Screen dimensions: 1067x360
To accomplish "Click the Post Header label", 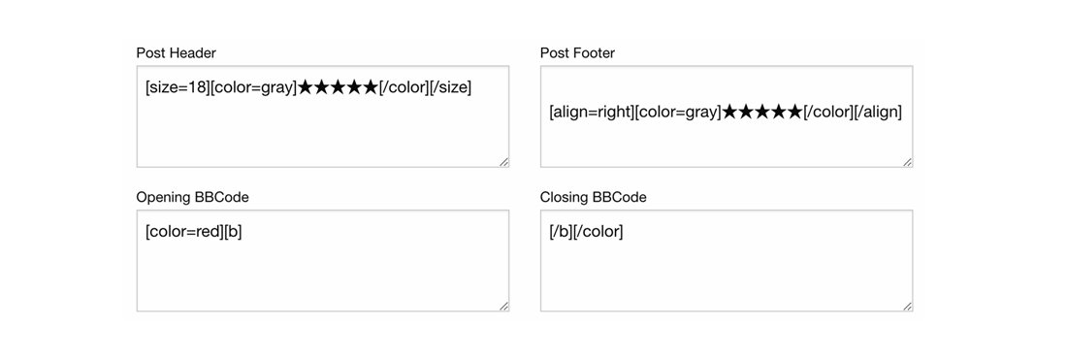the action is point(176,52).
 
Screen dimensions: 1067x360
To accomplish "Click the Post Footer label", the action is point(577,52).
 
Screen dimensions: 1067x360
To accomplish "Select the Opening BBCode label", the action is point(192,197).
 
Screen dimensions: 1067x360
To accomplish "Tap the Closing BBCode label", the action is point(593,197).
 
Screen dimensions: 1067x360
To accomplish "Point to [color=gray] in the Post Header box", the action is point(253,87).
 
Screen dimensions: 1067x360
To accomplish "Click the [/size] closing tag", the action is point(450,87).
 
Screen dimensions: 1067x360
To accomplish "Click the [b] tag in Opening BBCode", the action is point(233,232).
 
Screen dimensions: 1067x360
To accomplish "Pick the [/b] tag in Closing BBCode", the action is point(561,232).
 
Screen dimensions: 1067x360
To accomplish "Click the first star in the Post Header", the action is point(306,87).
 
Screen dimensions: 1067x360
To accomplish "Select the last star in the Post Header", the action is point(370,87).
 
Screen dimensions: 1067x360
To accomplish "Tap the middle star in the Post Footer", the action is point(763,112).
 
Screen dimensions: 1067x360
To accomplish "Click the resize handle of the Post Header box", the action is point(504,162).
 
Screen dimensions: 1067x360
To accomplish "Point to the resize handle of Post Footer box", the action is point(908,162).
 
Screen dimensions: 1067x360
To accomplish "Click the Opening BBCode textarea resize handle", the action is point(504,307).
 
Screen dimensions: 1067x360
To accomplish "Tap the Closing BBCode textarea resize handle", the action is point(908,307).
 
